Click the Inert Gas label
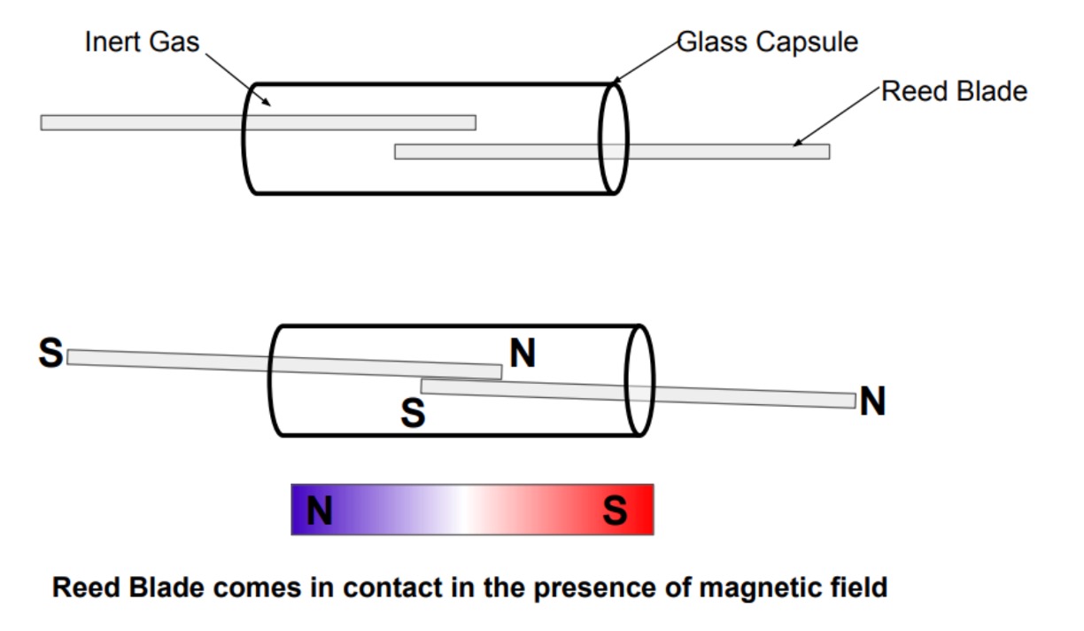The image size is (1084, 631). click(x=142, y=42)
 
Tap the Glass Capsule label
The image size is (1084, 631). click(x=767, y=42)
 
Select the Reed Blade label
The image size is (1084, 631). click(x=954, y=91)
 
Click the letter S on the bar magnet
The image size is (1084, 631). click(x=615, y=510)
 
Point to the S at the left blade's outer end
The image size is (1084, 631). click(x=50, y=354)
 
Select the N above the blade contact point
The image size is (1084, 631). click(x=523, y=354)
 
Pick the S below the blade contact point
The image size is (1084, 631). click(x=413, y=413)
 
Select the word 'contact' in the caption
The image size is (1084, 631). click(x=389, y=588)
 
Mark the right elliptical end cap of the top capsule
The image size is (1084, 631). click(x=613, y=138)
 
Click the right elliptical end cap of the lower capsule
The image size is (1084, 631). click(x=639, y=380)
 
